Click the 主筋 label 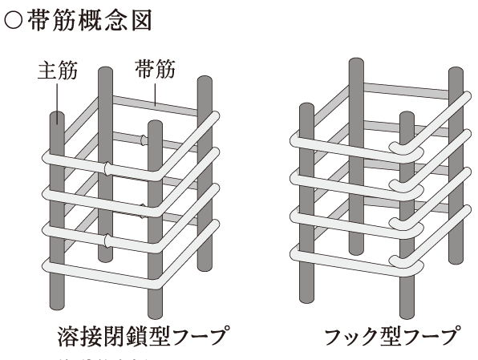click(x=58, y=71)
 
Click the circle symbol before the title click(x=14, y=21)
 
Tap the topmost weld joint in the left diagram click(x=145, y=140)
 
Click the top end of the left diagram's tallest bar click(x=102, y=70)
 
